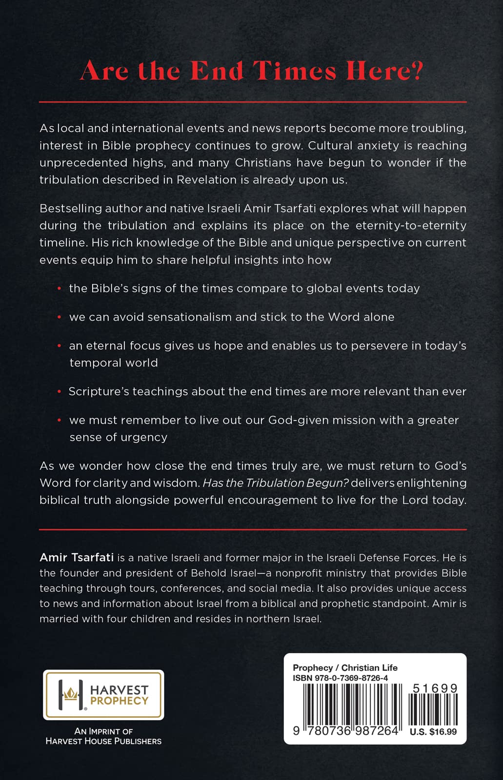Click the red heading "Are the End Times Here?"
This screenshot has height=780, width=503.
(251, 71)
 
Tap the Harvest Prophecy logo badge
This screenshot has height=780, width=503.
(103, 695)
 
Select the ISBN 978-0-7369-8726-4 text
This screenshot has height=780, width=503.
(340, 678)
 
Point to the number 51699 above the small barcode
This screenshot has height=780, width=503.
(435, 688)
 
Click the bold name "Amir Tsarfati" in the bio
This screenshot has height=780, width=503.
(77, 557)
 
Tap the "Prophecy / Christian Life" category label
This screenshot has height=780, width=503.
(345, 668)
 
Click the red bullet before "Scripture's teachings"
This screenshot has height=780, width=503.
(59, 392)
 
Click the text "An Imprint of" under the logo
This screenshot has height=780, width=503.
(103, 731)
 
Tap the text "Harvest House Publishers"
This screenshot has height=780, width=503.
(103, 741)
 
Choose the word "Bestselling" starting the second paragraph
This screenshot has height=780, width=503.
(70, 209)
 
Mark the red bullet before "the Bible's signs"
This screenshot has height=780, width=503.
(59, 289)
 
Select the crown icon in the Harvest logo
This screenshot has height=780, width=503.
(71, 693)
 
